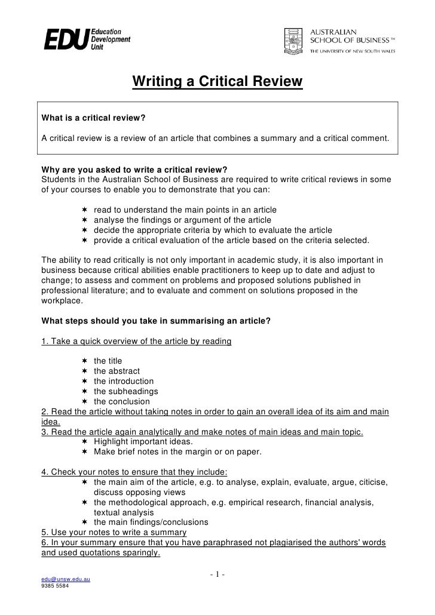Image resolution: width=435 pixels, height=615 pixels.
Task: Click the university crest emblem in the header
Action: tap(292, 39)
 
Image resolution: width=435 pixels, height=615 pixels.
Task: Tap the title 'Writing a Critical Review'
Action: tap(217, 81)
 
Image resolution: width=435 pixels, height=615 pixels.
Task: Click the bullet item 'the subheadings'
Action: tap(125, 391)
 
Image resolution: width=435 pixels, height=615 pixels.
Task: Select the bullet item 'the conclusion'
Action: tap(122, 401)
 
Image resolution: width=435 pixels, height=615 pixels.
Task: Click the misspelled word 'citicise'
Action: tap(370, 482)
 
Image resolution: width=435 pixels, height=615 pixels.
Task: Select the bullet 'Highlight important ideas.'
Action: tap(143, 441)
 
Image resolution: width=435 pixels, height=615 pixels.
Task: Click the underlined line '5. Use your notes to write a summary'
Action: tap(114, 532)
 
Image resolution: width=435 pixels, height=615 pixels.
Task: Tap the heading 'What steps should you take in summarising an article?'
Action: tap(155, 321)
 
